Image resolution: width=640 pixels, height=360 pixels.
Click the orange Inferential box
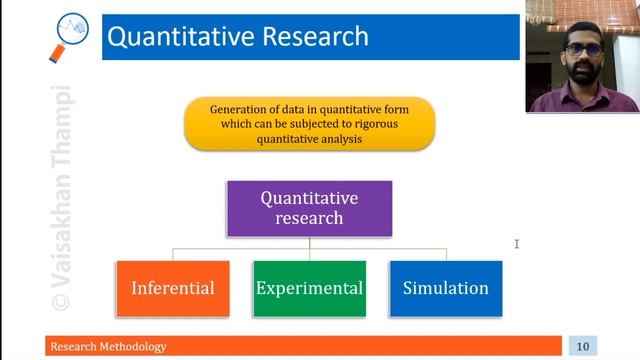click(173, 288)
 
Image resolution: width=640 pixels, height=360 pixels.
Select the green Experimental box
click(309, 288)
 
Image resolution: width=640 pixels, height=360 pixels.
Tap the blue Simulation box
click(445, 288)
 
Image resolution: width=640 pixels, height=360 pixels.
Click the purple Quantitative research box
click(309, 208)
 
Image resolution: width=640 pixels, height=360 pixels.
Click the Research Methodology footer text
click(110, 346)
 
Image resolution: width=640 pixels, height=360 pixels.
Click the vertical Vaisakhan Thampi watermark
click(63, 180)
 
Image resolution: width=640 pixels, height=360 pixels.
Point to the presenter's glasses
click(582, 48)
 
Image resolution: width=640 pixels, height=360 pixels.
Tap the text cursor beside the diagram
click(517, 243)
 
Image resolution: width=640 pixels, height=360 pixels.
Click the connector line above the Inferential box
click(173, 254)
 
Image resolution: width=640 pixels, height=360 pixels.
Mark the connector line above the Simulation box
click(445, 254)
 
